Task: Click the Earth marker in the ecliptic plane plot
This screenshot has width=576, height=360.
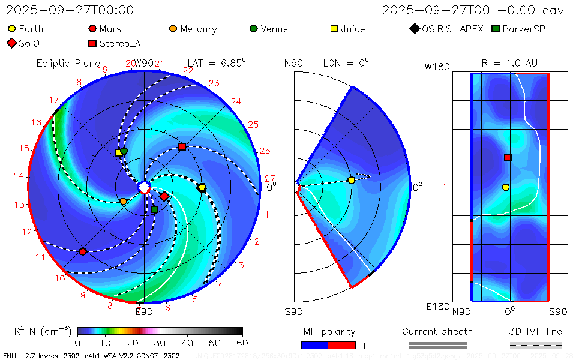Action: pyautogui.click(x=202, y=188)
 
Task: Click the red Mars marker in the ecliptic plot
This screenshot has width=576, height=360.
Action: pyautogui.click(x=83, y=251)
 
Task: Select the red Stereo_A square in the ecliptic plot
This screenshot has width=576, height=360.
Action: pyautogui.click(x=182, y=147)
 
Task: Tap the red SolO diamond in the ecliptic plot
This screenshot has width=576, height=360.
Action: pyautogui.click(x=164, y=196)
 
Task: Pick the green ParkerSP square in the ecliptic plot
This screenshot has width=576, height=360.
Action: pyautogui.click(x=154, y=209)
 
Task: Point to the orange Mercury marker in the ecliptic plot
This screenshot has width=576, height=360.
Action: pyautogui.click(x=124, y=202)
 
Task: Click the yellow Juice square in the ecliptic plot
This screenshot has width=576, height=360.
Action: pyautogui.click(x=119, y=152)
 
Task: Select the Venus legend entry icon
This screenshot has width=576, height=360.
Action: pyautogui.click(x=254, y=29)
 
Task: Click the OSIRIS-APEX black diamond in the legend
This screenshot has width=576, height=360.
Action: pyautogui.click(x=415, y=29)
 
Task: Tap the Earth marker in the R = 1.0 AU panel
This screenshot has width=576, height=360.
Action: pyautogui.click(x=505, y=187)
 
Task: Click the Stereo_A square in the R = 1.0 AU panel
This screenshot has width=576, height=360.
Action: pyautogui.click(x=508, y=157)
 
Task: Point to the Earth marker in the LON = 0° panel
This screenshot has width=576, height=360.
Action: pyautogui.click(x=352, y=180)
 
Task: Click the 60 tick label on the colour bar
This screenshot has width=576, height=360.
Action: pyautogui.click(x=242, y=343)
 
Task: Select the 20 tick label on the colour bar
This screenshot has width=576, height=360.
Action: pyautogui.click(x=133, y=343)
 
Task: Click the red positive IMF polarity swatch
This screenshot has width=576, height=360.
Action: pyautogui.click(x=342, y=345)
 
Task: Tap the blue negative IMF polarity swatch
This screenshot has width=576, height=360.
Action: pyautogui.click(x=314, y=345)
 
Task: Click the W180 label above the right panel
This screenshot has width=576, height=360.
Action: pyautogui.click(x=437, y=67)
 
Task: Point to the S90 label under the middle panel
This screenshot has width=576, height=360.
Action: pyautogui.click(x=293, y=311)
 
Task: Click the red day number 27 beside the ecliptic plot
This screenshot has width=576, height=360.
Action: pyautogui.click(x=270, y=179)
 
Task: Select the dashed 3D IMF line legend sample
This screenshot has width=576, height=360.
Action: pyautogui.click(x=536, y=345)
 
